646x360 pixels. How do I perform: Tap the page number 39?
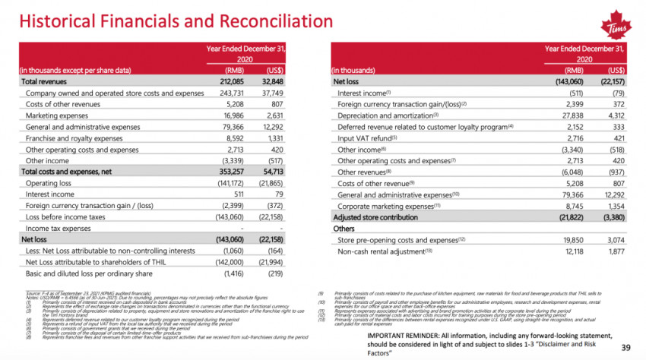(627, 347)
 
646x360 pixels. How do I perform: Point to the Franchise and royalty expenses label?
(74, 138)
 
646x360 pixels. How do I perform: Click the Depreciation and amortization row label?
(383, 115)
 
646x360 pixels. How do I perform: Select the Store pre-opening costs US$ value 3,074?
(610, 239)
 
